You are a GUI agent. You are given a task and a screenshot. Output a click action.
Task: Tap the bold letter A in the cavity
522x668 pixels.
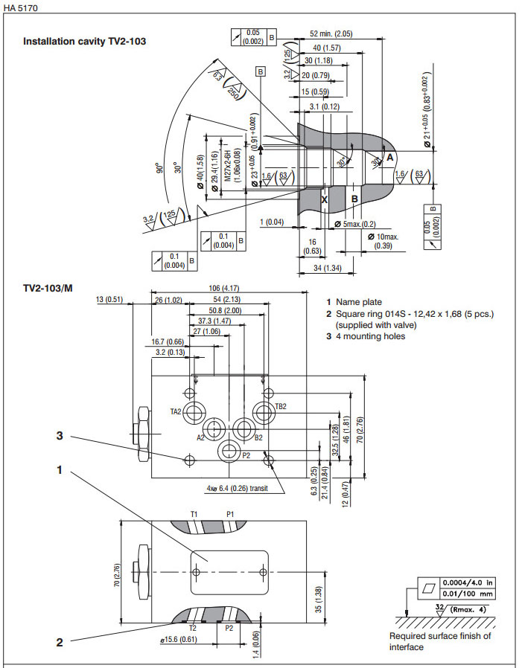[x=389, y=157]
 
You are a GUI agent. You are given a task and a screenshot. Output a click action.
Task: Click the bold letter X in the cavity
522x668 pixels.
[x=324, y=199]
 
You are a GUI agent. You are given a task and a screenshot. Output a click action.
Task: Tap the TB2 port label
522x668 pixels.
[x=281, y=407]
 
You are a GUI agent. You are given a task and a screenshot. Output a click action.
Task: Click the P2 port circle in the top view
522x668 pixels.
[x=228, y=451]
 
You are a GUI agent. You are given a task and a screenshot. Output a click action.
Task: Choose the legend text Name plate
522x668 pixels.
[x=359, y=302]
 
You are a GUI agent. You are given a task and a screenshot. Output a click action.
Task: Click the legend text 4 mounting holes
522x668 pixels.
[x=370, y=336]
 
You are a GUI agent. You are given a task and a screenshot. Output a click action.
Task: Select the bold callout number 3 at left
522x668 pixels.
[x=60, y=437]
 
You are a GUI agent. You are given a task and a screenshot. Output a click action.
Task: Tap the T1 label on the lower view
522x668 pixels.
[x=194, y=514]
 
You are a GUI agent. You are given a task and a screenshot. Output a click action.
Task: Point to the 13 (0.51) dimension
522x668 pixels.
[x=110, y=300]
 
